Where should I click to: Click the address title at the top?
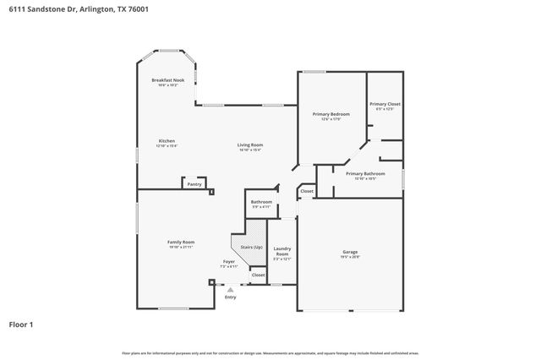point(57,9)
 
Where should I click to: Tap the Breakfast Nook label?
point(167,81)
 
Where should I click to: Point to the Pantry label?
point(194,183)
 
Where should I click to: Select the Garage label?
point(350,253)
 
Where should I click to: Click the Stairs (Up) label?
point(252,247)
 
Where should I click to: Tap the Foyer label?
point(229,263)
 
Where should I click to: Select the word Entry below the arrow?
point(231,297)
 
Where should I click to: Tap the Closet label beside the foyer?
point(258,275)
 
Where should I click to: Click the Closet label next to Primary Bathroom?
point(306,191)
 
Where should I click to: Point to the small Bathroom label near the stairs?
point(261,203)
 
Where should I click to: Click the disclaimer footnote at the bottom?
point(270,352)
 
